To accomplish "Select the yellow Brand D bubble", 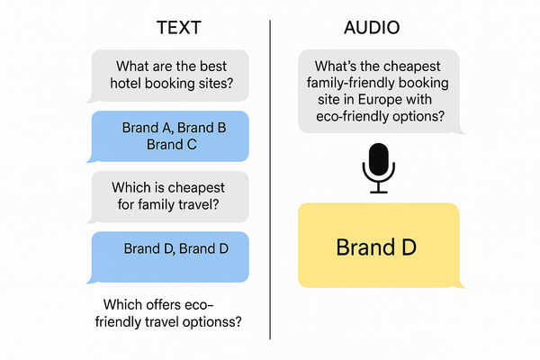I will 379,246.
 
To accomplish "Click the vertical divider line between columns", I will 270,180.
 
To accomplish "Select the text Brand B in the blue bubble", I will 202,128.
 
